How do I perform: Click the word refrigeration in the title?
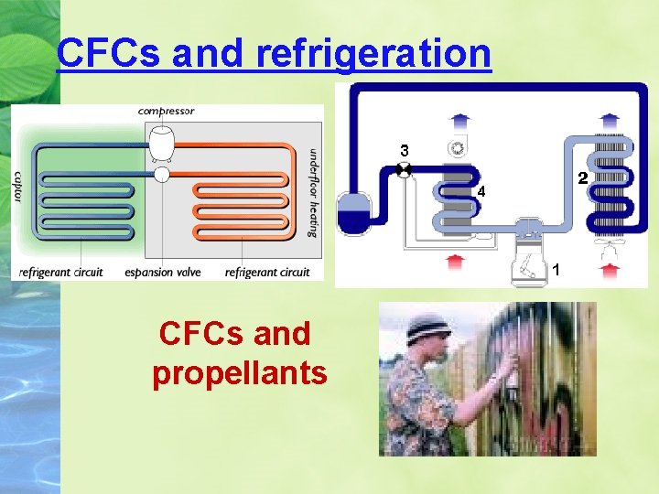click(x=373, y=53)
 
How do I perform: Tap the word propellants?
click(x=240, y=373)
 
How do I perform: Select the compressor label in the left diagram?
click(x=166, y=112)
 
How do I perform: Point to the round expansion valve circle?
click(x=162, y=174)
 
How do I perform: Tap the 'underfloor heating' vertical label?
click(x=313, y=192)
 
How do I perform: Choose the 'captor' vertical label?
click(x=18, y=187)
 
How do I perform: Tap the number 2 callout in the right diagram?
click(x=580, y=177)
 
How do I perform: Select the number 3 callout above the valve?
click(x=404, y=149)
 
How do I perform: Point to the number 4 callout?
click(x=481, y=192)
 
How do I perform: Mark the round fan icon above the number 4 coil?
click(x=456, y=148)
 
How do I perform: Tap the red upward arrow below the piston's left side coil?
click(x=456, y=263)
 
